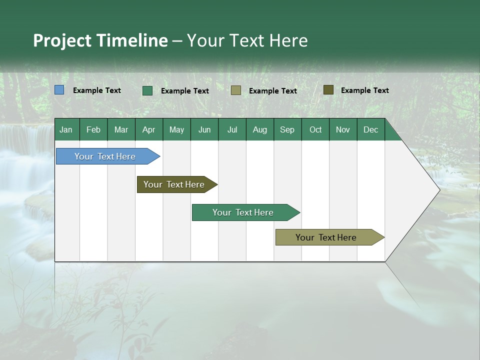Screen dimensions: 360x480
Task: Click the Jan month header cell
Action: tap(66, 129)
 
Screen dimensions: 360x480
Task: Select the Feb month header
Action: tap(93, 129)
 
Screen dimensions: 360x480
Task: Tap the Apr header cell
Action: tap(148, 129)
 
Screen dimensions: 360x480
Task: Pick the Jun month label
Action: tap(204, 129)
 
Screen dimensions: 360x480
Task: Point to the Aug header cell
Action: tap(259, 129)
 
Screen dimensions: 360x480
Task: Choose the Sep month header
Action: tap(287, 129)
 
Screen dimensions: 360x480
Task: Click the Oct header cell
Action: tap(315, 129)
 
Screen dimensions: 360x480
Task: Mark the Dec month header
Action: tap(370, 129)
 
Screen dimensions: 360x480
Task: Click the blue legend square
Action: tap(59, 90)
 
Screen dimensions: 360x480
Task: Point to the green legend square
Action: tap(147, 90)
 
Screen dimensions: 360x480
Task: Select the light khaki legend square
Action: tap(236, 90)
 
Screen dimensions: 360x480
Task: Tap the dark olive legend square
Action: tap(328, 90)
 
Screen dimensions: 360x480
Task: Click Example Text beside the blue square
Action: tap(97, 90)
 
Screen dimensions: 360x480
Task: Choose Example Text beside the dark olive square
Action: tap(365, 90)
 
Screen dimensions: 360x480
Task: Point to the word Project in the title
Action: tap(62, 40)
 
